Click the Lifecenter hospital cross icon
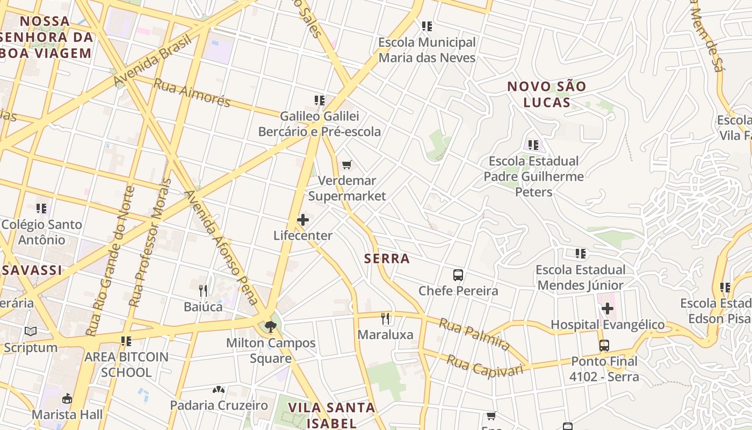click(x=303, y=220)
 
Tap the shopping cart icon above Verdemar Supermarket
click(x=347, y=165)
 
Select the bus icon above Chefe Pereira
click(x=458, y=275)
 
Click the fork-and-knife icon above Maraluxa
click(x=385, y=319)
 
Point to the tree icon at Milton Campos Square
click(x=270, y=326)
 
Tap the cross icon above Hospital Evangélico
click(x=608, y=309)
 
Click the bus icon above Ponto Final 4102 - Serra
click(x=604, y=345)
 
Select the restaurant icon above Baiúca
click(x=203, y=291)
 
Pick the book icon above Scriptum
click(x=31, y=332)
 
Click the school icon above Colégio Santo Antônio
click(x=41, y=208)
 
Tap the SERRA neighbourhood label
click(x=387, y=259)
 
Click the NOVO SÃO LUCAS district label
click(x=547, y=94)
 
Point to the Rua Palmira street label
click(x=474, y=333)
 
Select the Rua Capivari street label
click(x=485, y=366)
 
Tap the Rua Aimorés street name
click(x=192, y=93)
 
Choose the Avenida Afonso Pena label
click(x=221, y=247)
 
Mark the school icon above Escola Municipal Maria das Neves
click(x=427, y=26)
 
